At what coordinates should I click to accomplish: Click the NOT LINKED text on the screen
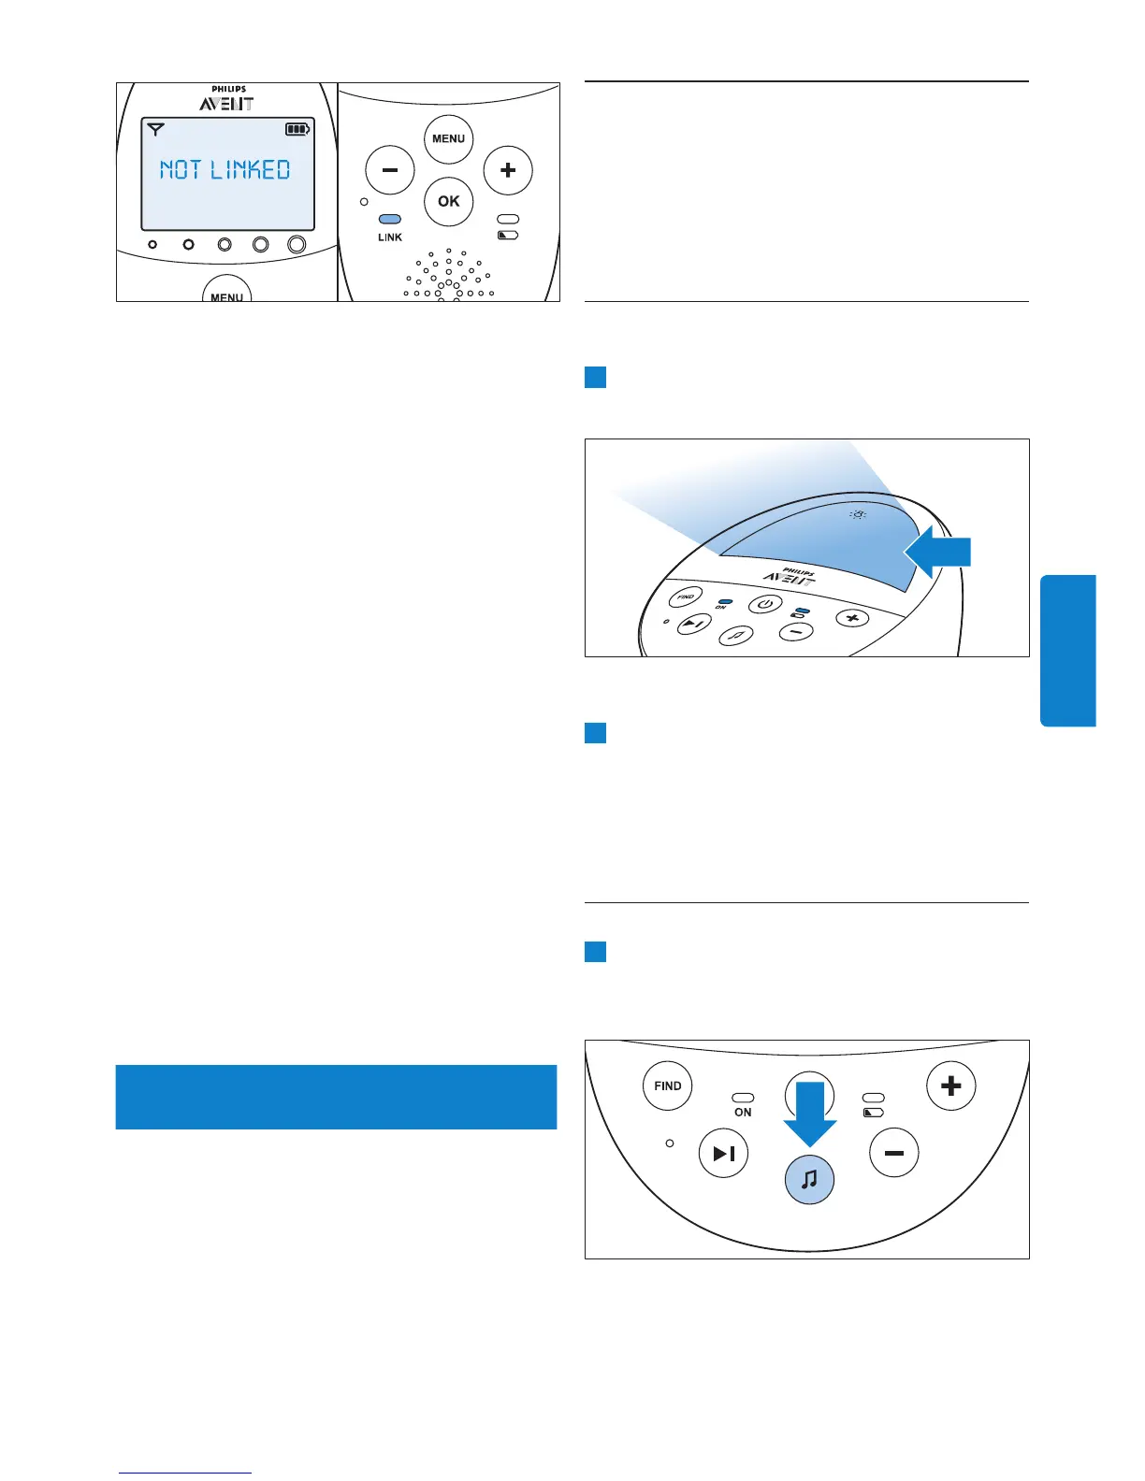coord(225,170)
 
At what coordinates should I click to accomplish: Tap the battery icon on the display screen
coord(297,130)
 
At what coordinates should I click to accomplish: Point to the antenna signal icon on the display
coord(155,129)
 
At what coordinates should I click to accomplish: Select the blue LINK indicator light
coord(389,220)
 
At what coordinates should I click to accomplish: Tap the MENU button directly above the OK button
coord(448,139)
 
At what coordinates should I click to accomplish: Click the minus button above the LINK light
coord(389,170)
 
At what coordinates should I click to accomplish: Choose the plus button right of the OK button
coord(508,170)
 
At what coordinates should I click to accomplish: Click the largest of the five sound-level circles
coord(297,244)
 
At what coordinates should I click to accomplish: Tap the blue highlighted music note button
coord(809,1179)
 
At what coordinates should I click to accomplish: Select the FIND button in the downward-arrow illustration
coord(668,1086)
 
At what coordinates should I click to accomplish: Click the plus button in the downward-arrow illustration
coord(950,1086)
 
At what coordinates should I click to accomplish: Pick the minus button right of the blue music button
coord(894,1154)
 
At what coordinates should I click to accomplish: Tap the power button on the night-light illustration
coord(765,604)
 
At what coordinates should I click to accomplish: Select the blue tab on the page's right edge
coord(1067,650)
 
